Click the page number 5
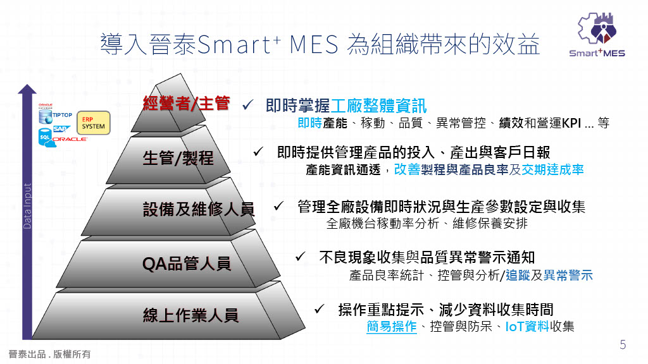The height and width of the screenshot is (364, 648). click(623, 344)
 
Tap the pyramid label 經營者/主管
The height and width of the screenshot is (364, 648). click(186, 104)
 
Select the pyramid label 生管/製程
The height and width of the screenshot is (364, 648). click(178, 158)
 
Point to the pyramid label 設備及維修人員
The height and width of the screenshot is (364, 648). click(198, 209)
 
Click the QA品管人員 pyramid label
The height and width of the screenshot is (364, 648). click(186, 263)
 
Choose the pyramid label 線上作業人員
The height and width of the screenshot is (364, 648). click(190, 315)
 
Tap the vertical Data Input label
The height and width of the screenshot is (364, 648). click(27, 206)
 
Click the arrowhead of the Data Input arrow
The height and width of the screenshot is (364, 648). click(26, 89)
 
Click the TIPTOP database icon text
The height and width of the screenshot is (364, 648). click(62, 115)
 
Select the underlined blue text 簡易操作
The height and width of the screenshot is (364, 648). click(391, 327)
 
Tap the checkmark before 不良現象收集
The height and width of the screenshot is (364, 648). click(301, 256)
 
